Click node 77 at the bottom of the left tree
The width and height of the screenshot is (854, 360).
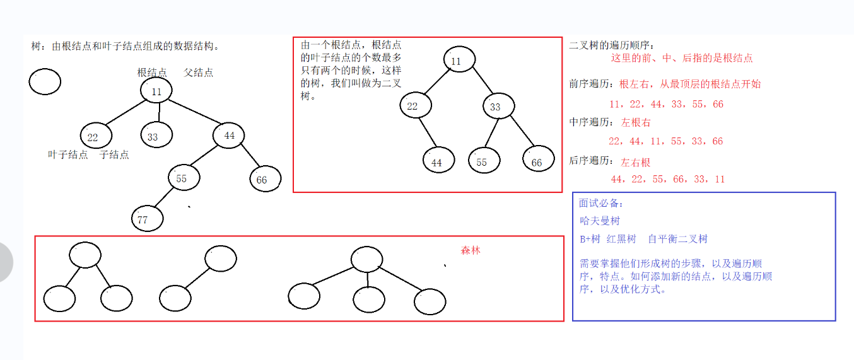(147, 219)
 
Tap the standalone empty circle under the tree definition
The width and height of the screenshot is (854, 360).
(45, 82)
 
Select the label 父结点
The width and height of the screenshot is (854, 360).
(198, 73)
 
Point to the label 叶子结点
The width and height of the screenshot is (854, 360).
(68, 154)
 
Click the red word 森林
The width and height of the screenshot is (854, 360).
(471, 250)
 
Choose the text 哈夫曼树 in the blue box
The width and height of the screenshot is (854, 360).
(599, 221)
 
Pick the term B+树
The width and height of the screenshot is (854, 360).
(590, 239)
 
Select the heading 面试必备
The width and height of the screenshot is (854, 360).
(601, 203)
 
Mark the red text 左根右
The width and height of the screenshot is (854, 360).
(635, 122)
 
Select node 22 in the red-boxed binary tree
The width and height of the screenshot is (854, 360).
(415, 106)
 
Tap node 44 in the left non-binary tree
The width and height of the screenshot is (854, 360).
(228, 136)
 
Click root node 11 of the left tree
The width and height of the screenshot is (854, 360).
(156, 91)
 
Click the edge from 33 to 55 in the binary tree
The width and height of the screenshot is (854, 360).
(489, 134)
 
